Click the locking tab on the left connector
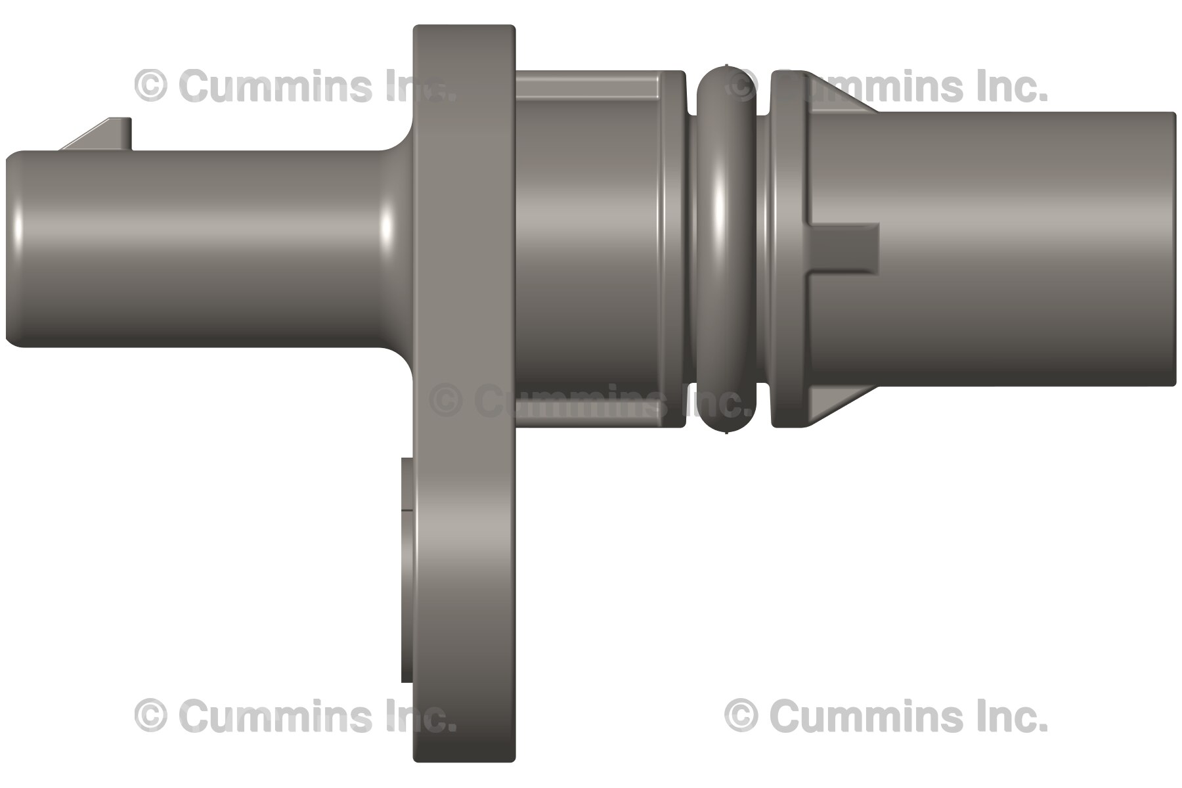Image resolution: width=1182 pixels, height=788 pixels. (x=105, y=135)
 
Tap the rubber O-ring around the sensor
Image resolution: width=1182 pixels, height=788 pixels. (x=726, y=250)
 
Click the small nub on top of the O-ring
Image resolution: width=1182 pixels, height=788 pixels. (x=726, y=66)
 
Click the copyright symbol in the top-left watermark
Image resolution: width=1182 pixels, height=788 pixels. (x=150, y=86)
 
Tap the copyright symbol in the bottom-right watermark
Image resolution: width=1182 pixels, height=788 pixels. (x=741, y=715)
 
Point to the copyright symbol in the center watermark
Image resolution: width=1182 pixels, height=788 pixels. (x=446, y=401)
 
